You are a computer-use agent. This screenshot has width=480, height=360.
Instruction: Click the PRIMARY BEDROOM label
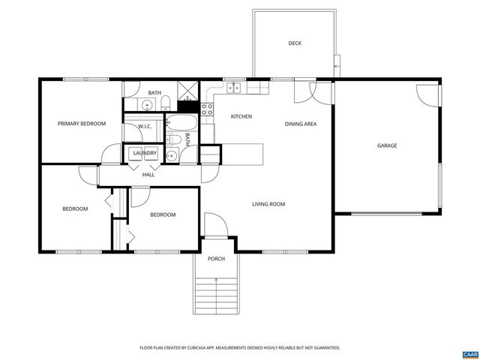[82, 123]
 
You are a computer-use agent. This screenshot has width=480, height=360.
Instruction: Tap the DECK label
[295, 43]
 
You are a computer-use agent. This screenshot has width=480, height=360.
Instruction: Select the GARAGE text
[386, 145]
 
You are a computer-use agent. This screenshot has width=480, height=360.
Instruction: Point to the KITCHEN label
[241, 116]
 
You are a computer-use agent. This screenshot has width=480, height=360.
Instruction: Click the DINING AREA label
[300, 124]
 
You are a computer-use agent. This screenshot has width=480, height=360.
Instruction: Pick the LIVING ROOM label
[268, 204]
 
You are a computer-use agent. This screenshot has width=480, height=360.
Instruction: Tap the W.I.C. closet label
[145, 126]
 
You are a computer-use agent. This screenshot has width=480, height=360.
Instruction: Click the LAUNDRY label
[145, 154]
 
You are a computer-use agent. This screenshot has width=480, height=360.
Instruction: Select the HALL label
[148, 175]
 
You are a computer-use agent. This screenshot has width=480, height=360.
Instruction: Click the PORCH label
[216, 259]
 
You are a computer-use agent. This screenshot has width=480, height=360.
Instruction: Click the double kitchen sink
[235, 88]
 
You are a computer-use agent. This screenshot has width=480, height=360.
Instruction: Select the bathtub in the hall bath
[181, 122]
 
